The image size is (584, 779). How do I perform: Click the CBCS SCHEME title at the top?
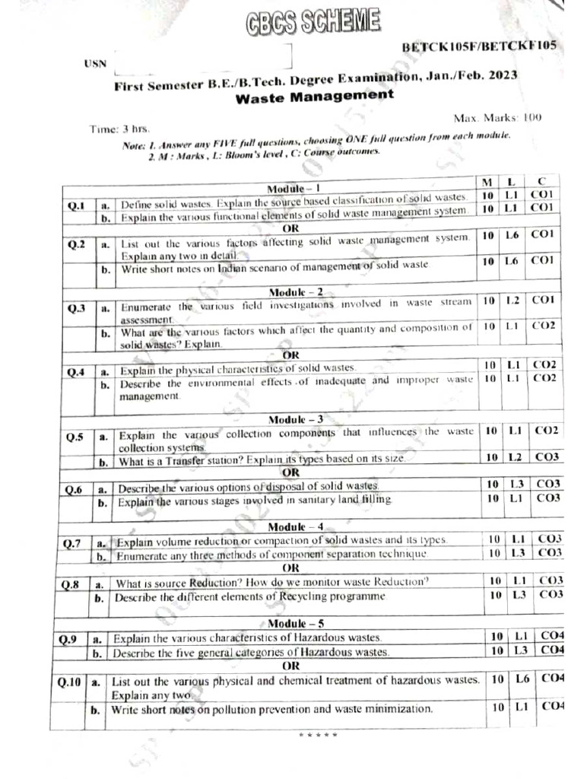click(313, 23)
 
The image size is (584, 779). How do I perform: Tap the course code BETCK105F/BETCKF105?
click(479, 46)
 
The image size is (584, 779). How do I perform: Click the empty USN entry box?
click(201, 58)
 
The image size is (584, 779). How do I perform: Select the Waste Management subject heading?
click(315, 97)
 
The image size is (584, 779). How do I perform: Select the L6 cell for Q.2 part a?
click(512, 236)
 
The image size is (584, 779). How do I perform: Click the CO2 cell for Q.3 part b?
click(544, 326)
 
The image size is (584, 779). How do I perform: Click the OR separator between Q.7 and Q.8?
click(291, 568)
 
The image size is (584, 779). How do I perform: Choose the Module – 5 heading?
click(295, 624)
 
